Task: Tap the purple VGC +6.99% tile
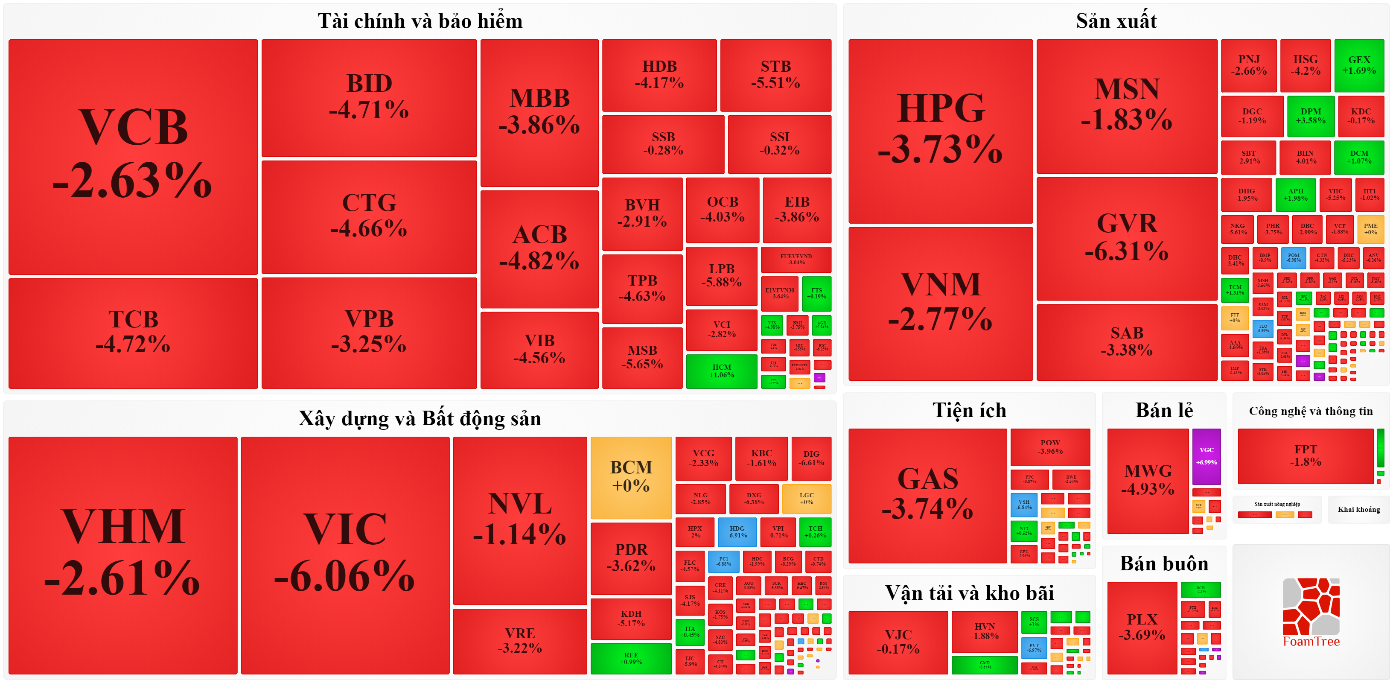click(x=1206, y=456)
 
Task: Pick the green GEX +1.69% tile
click(x=1359, y=65)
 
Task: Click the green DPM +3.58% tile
click(x=1310, y=116)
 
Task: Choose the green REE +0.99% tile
click(x=631, y=658)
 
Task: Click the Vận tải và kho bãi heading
click(x=969, y=593)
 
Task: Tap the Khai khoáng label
click(x=1358, y=509)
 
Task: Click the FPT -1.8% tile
click(x=1306, y=456)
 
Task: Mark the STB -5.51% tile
click(x=775, y=75)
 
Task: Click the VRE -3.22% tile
click(x=520, y=641)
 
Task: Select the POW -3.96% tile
click(x=1050, y=447)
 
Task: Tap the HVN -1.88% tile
click(x=984, y=631)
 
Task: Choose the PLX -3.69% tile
click(x=1142, y=628)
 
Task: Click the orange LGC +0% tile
click(x=806, y=499)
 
